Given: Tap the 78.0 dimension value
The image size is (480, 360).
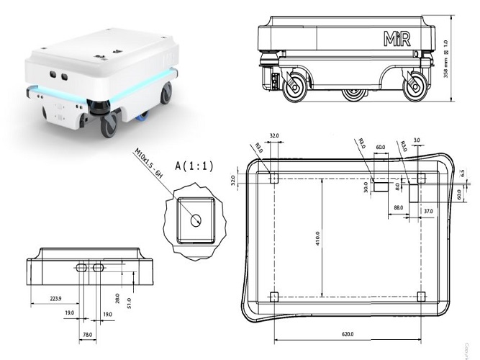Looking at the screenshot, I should pos(86,335).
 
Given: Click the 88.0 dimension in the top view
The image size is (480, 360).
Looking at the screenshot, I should pos(398,208).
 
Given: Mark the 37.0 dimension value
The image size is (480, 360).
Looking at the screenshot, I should pos(428,211).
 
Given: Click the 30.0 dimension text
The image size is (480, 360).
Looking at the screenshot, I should pos(366,187).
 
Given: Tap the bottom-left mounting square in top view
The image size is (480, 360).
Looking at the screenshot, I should pos(273,295).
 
